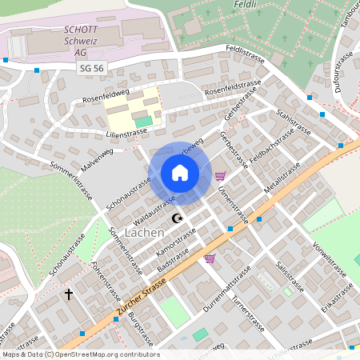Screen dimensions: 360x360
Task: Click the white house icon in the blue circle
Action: tap(180, 173)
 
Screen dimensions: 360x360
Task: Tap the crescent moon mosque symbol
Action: tap(177, 218)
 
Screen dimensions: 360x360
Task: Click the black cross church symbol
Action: tap(69, 294)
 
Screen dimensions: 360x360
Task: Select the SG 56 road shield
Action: tap(92, 69)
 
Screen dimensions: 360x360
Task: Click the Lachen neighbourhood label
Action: tap(145, 232)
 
